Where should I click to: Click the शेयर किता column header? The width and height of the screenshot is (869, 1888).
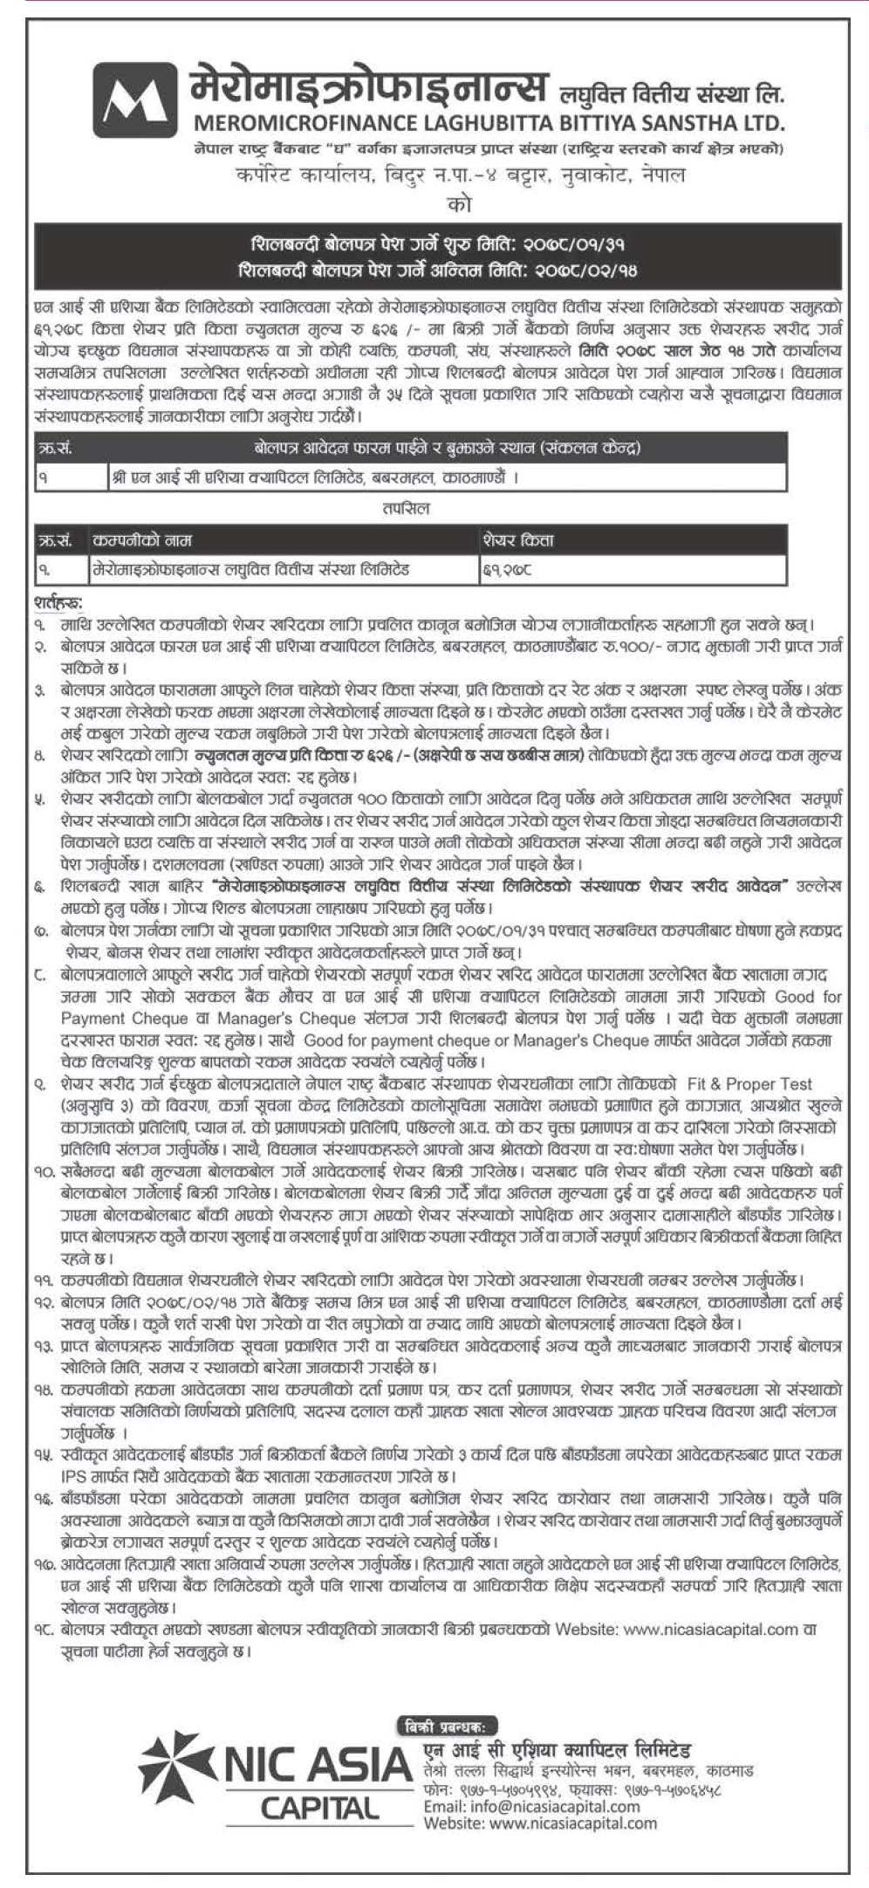point(518,540)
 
